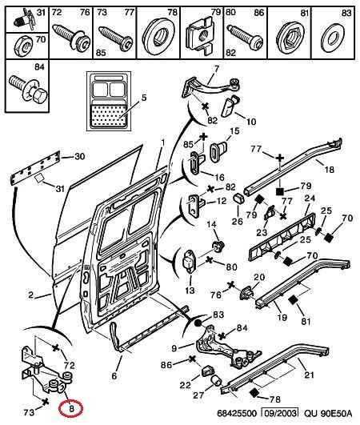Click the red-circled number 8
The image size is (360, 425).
point(71,408)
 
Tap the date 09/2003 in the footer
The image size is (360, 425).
point(279,413)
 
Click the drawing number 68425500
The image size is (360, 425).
point(236,413)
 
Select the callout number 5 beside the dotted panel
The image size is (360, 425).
point(144,98)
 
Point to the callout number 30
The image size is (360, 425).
point(80,156)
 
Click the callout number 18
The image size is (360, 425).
point(329,170)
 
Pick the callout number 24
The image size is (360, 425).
point(310,198)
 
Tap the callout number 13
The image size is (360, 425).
point(190,291)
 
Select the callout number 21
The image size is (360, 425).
point(309,375)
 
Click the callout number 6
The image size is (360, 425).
point(114,375)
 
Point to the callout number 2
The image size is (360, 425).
point(31,295)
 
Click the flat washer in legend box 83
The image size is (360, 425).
point(333,38)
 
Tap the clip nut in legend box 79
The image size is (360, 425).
point(200,34)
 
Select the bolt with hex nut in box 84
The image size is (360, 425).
point(28,88)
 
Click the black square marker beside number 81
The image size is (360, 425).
point(293,300)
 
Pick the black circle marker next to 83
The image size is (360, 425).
point(198,323)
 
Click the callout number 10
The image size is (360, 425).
point(251,121)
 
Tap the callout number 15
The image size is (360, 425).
point(234,130)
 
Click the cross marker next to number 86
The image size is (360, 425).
point(192,359)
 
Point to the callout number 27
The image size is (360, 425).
point(198,395)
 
